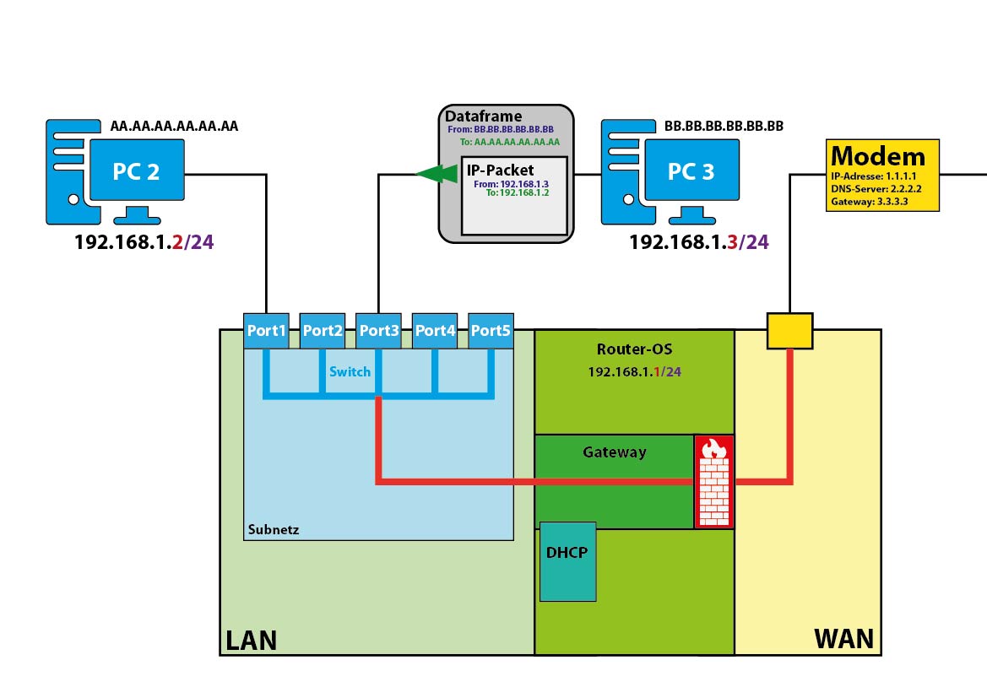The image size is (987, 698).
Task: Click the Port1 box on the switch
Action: [266, 331]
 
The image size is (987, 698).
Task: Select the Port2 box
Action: [323, 331]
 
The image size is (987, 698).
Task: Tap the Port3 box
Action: [378, 331]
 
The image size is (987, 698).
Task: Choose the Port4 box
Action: [435, 331]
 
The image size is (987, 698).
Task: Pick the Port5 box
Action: [491, 331]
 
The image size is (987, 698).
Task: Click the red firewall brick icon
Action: [713, 482]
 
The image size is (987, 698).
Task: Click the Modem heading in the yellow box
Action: [878, 156]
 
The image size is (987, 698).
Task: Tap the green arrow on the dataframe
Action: [436, 174]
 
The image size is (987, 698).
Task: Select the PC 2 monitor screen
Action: [136, 171]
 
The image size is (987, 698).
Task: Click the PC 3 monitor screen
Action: [691, 171]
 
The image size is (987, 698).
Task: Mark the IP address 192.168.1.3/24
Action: [698, 242]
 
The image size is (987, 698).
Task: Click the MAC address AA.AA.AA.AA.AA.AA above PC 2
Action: [174, 127]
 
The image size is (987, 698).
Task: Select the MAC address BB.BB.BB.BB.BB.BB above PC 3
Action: [724, 127]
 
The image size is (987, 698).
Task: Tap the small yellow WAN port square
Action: [789, 331]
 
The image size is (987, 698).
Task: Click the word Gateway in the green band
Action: [615, 452]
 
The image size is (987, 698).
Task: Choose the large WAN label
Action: [843, 639]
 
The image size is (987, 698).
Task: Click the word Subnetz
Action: [274, 530]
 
